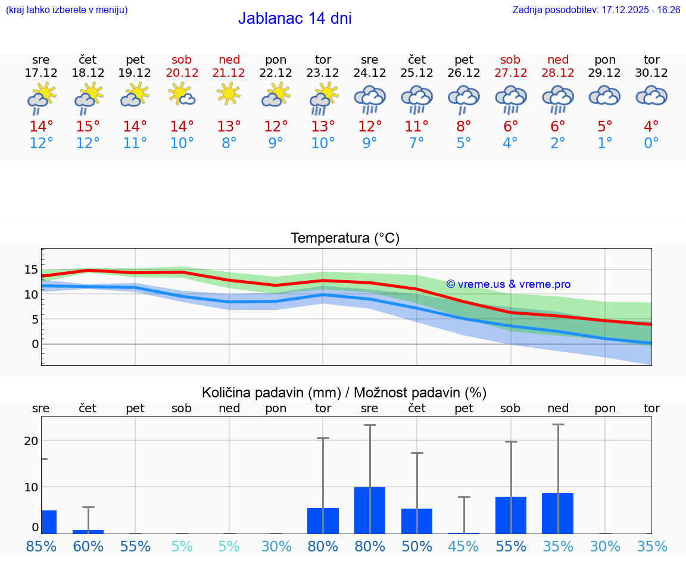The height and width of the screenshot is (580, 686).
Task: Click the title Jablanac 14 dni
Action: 295,18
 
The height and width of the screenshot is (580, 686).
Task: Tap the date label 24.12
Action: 370,73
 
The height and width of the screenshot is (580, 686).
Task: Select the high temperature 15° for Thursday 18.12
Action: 88,127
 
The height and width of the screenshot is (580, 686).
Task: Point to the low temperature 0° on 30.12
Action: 651,143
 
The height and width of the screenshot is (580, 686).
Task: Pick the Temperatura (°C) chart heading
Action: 345,239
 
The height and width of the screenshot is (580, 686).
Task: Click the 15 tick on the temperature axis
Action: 31,269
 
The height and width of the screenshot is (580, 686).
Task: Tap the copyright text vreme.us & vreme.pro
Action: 508,284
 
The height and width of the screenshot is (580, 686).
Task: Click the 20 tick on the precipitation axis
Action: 31,441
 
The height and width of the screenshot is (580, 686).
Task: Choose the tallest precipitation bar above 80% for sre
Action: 370,510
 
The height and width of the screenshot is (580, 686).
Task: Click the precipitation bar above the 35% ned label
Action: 558,513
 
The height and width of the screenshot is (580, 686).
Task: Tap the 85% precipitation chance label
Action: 41,547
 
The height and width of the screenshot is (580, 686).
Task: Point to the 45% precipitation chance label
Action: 464,547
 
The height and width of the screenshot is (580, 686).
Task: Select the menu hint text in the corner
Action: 67,10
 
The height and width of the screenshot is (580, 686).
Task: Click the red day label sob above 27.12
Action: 510,59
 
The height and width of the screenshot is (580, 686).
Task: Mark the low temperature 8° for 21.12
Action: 229,143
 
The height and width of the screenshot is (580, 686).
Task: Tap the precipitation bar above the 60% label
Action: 88,531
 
